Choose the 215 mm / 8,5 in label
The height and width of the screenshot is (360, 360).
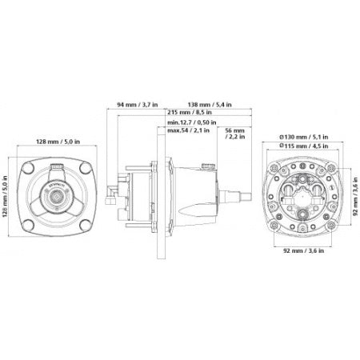(x=194, y=114)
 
